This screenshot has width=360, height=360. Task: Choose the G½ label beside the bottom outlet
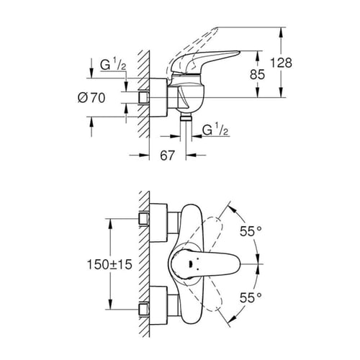213,131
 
